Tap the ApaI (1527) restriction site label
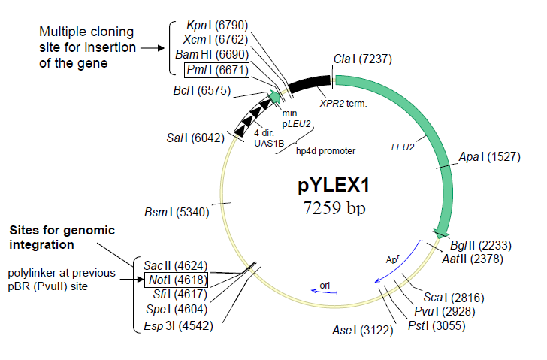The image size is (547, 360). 488,157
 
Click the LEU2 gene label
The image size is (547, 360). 403,147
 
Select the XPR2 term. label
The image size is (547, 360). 343,103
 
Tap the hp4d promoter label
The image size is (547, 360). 325,150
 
